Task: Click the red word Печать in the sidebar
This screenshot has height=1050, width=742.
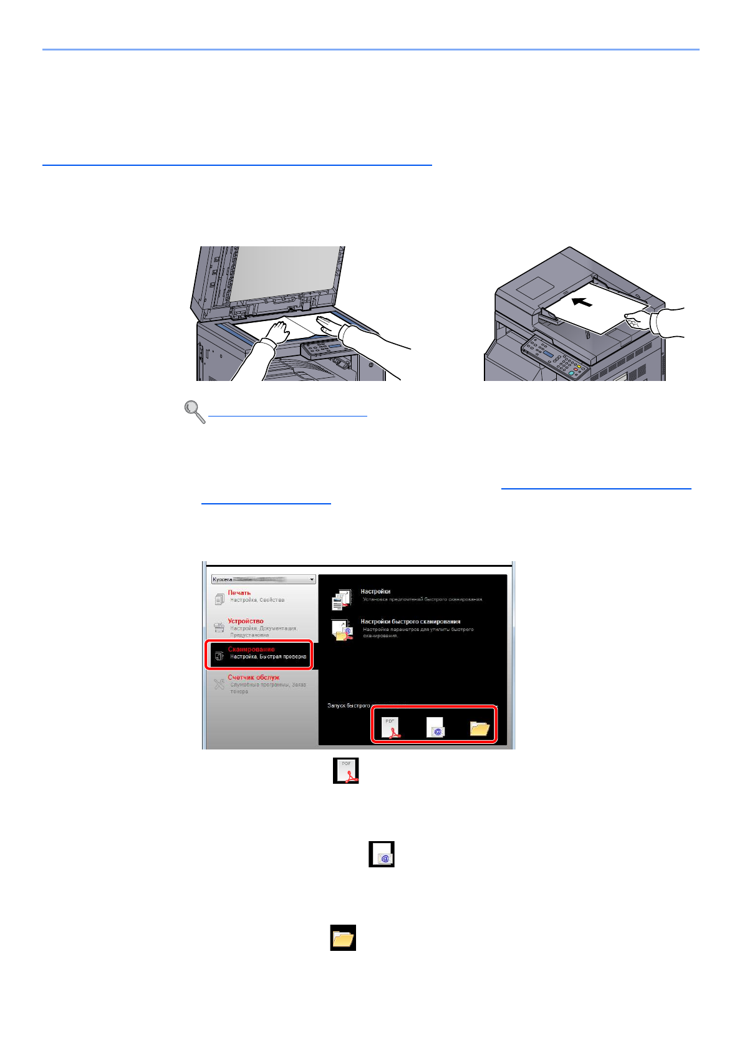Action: tap(239, 592)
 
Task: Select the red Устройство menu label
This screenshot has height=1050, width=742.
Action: tap(245, 621)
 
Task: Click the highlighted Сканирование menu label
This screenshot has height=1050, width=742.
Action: tap(251, 649)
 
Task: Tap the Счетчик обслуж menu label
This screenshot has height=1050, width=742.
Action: tap(253, 677)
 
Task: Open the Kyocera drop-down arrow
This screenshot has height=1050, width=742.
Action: tap(312, 580)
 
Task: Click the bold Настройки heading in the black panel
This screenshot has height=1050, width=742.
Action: tap(375, 591)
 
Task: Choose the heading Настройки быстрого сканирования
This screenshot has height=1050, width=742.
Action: tap(410, 622)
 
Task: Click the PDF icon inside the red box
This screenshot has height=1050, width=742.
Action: tap(391, 727)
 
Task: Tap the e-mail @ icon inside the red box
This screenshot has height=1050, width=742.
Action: tap(435, 728)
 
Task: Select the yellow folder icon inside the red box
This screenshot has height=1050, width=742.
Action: tap(479, 728)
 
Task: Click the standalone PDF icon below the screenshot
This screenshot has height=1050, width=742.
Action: tap(346, 771)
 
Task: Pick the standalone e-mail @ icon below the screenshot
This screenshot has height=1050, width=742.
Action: tap(382, 854)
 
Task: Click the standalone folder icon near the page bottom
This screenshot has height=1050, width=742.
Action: tap(343, 938)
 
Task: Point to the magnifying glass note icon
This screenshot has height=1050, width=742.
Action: tap(195, 412)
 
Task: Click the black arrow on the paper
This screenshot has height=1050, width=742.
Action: tap(582, 302)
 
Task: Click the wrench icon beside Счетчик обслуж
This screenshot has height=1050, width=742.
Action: tap(219, 684)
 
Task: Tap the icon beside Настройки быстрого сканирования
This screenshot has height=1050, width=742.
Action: tap(342, 630)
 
